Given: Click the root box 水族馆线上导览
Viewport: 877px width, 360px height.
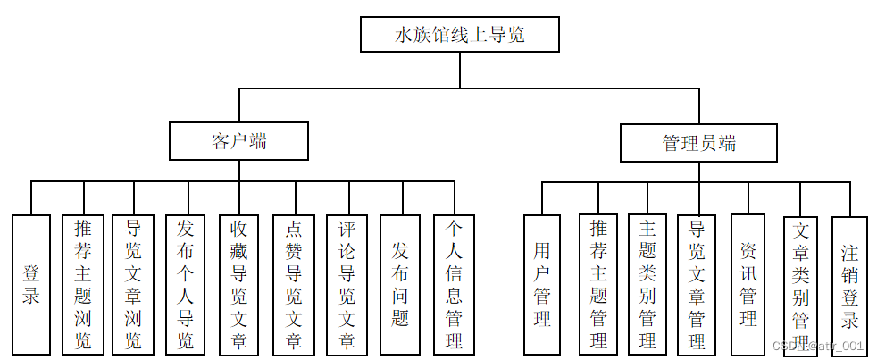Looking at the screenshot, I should (x=460, y=35).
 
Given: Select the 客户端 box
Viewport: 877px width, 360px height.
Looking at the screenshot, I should (x=239, y=141).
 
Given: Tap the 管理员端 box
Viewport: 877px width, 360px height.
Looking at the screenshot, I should (x=698, y=143).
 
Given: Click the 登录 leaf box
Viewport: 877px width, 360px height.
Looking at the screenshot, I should (x=31, y=284).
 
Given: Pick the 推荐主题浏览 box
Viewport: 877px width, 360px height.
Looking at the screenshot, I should (x=83, y=284).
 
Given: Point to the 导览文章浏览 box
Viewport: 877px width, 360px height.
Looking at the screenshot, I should (x=134, y=284).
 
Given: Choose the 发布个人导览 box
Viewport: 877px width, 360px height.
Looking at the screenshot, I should (x=186, y=284).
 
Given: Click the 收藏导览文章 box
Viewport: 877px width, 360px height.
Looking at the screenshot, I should (x=239, y=284).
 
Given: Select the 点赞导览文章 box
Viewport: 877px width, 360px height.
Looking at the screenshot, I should (x=294, y=284).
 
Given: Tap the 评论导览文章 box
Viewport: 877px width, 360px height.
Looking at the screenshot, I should (x=347, y=284).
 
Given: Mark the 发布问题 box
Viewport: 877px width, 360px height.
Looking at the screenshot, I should (x=400, y=284).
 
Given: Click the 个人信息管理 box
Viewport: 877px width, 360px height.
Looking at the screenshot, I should (x=454, y=284).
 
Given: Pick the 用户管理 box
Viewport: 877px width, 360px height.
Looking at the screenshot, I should (x=542, y=284).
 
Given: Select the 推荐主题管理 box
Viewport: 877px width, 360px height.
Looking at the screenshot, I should (x=598, y=284).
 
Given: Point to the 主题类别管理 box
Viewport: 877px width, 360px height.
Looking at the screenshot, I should (x=647, y=284).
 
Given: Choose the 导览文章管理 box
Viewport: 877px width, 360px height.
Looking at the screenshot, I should (x=697, y=284).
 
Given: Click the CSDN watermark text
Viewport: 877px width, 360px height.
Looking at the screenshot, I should (x=818, y=346).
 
